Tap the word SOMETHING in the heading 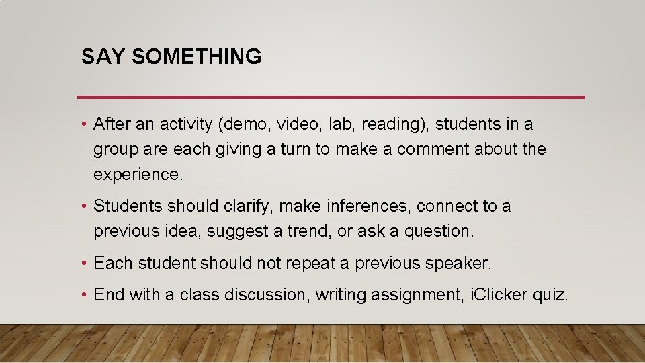click(197, 57)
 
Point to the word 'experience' click(136, 175)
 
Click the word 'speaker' click(459, 264)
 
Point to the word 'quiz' click(552, 295)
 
